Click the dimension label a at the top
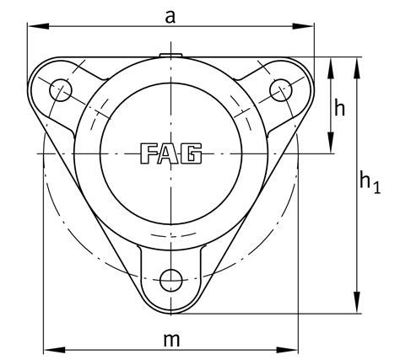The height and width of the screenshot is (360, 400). [170, 14]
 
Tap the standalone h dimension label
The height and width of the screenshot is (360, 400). [340, 107]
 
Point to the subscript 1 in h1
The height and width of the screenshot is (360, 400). [376, 186]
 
